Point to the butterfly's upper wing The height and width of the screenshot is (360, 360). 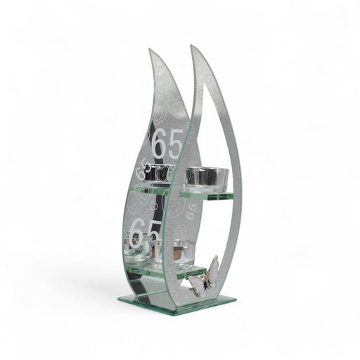(x=210, y=268)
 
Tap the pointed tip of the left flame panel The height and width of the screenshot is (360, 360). (x=150, y=50)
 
